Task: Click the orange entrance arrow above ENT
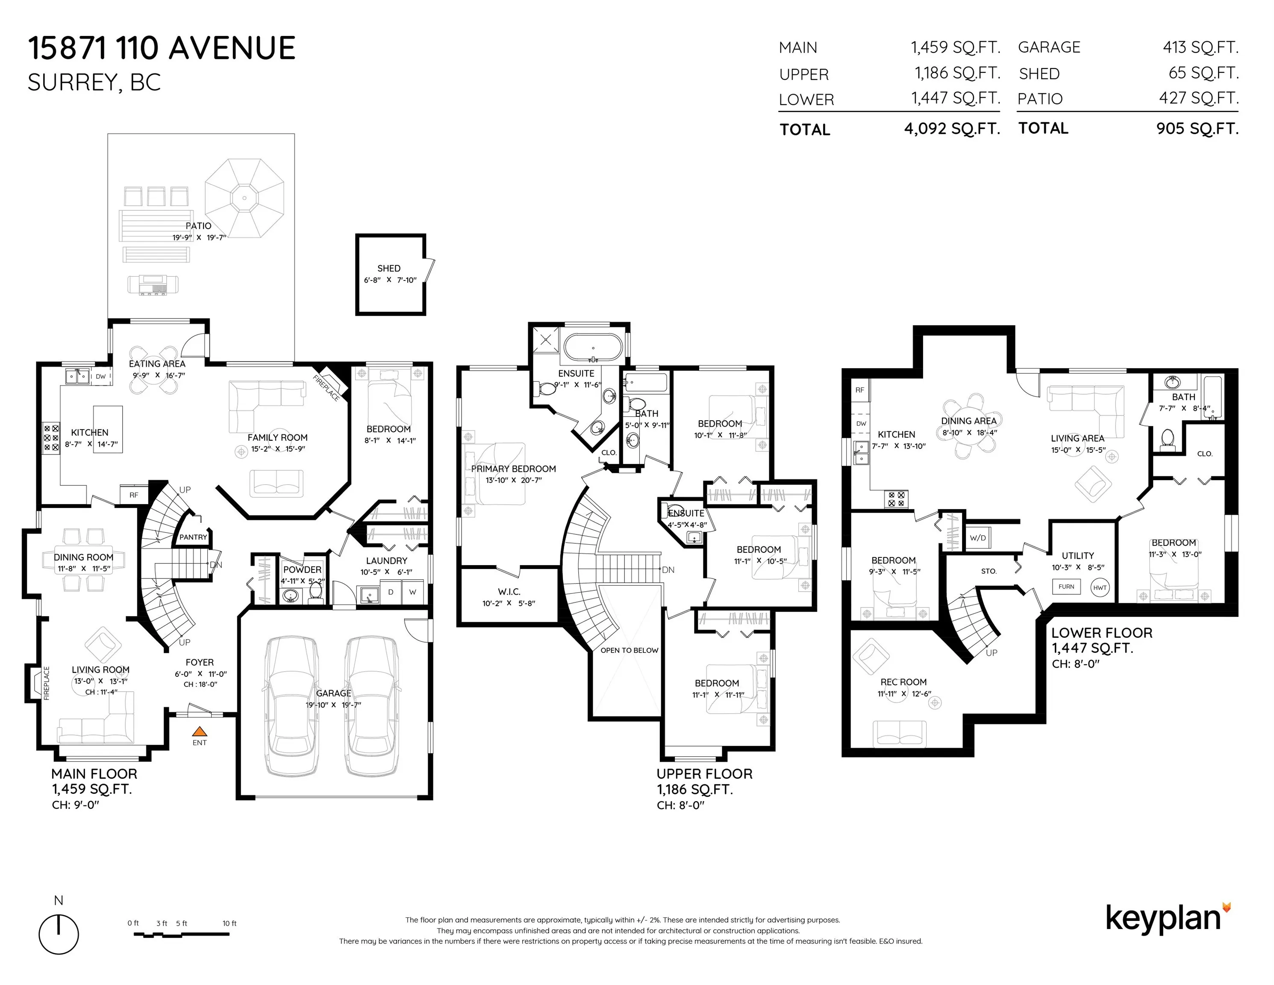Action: (200, 731)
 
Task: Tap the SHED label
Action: (389, 268)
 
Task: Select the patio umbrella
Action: (244, 198)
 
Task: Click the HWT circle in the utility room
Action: (1100, 587)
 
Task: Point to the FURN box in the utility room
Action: (1066, 587)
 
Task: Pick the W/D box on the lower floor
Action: (978, 537)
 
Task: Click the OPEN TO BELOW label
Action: (630, 650)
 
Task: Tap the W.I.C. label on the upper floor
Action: (509, 592)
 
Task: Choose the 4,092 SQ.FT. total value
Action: (952, 128)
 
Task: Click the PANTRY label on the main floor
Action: (193, 537)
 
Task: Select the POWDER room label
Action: (302, 569)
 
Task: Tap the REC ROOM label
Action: (903, 681)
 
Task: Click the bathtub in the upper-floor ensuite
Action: (593, 348)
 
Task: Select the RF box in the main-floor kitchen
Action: (134, 495)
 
